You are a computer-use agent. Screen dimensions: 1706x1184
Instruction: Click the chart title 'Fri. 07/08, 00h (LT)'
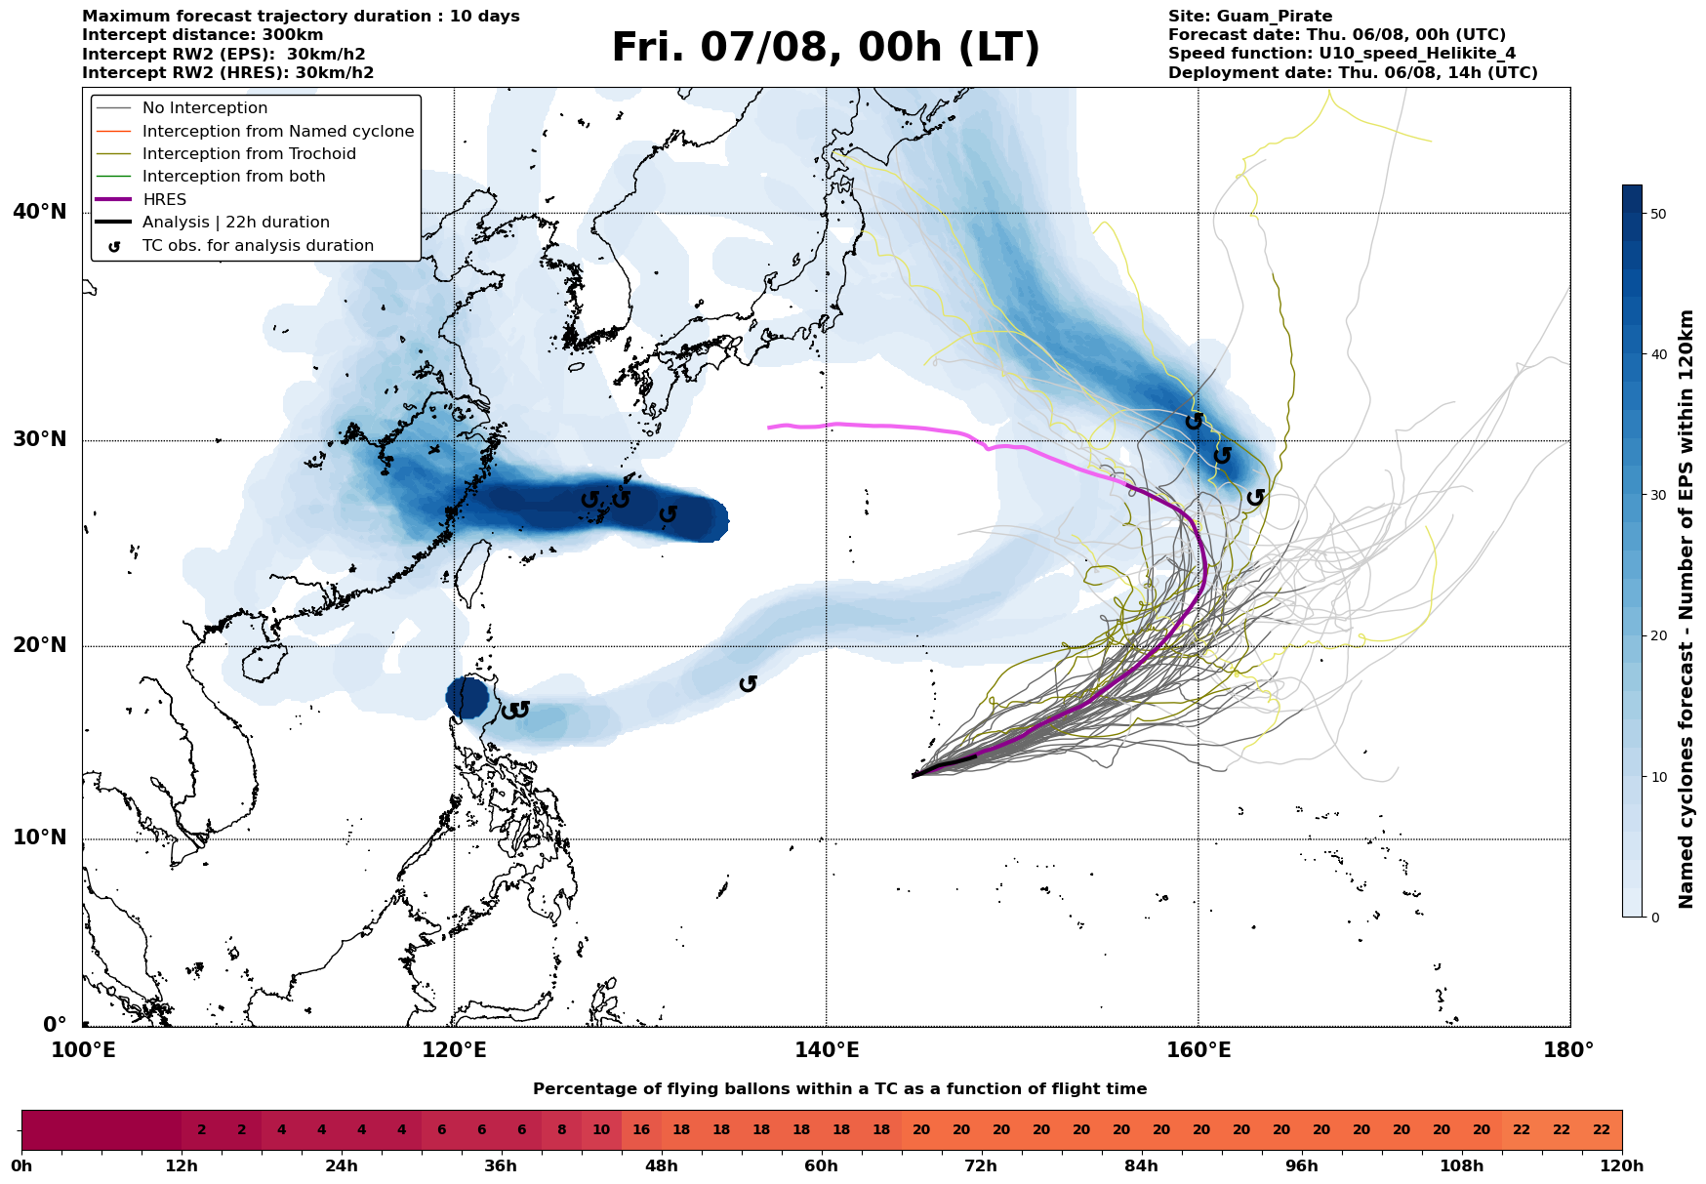tap(826, 48)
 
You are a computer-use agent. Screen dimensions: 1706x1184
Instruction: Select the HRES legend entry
tap(141, 199)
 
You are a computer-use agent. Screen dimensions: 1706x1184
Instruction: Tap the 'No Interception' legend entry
tap(182, 108)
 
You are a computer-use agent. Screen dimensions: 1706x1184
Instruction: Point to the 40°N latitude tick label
tap(39, 212)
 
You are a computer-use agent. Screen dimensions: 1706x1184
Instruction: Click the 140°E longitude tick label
tap(826, 1050)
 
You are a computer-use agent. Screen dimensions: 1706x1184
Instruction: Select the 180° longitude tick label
tap(1569, 1050)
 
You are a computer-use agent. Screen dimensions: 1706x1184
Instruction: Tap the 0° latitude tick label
tap(55, 1025)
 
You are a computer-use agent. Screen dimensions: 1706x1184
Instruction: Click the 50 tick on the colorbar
tap(1657, 214)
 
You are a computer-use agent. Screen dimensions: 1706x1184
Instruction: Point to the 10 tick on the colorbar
tap(1657, 777)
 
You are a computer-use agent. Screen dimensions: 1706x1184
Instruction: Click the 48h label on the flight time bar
tap(662, 1166)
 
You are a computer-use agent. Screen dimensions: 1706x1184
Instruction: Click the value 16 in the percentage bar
tap(641, 1130)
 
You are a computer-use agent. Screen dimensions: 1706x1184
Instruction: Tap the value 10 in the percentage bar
tap(601, 1130)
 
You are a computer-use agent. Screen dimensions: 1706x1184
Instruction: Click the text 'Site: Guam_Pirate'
tap(1250, 17)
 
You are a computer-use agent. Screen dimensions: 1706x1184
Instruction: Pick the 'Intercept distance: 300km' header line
tap(203, 35)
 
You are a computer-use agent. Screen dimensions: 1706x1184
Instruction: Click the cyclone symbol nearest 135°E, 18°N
tap(748, 684)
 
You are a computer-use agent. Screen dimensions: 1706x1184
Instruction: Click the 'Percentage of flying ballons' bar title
tap(840, 1089)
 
